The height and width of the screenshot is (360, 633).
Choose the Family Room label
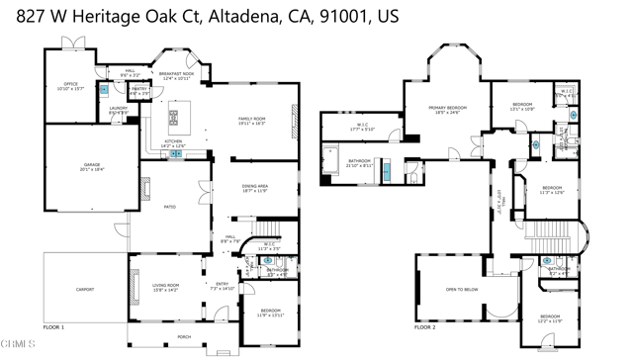tap(252, 121)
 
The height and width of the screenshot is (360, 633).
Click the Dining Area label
tap(254, 187)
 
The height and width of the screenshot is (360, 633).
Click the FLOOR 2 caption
tap(424, 327)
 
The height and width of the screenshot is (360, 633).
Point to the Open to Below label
tap(463, 290)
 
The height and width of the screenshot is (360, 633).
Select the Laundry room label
tap(116, 110)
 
